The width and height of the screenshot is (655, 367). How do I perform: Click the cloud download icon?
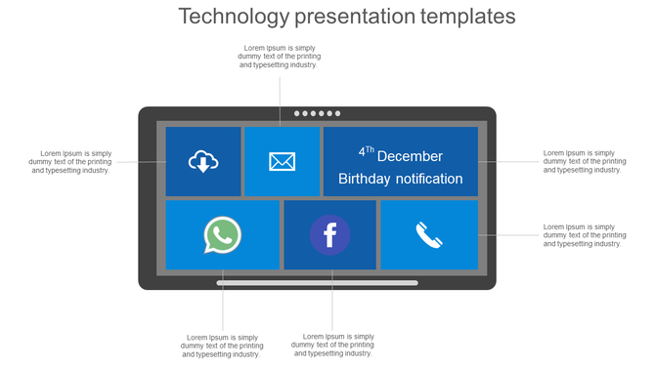tap(202, 161)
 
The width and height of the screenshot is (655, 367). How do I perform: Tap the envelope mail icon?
tap(283, 161)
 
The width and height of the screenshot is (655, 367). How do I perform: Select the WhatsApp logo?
tap(223, 235)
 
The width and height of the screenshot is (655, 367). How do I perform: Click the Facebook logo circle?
tap(329, 235)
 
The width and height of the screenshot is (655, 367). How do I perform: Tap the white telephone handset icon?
tap(428, 235)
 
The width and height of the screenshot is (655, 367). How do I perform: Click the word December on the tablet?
tap(410, 156)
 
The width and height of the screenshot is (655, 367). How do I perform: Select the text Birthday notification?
tap(400, 179)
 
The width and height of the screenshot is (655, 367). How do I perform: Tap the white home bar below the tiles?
tap(317, 283)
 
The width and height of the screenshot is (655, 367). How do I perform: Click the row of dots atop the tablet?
tap(317, 113)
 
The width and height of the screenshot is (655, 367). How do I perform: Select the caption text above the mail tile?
tap(279, 57)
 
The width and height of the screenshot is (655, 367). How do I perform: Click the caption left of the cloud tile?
tap(70, 161)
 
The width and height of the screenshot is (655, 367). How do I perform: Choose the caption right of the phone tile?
tap(583, 235)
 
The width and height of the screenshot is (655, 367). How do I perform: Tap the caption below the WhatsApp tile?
tap(222, 346)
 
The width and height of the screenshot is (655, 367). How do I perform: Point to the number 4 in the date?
tap(362, 153)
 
